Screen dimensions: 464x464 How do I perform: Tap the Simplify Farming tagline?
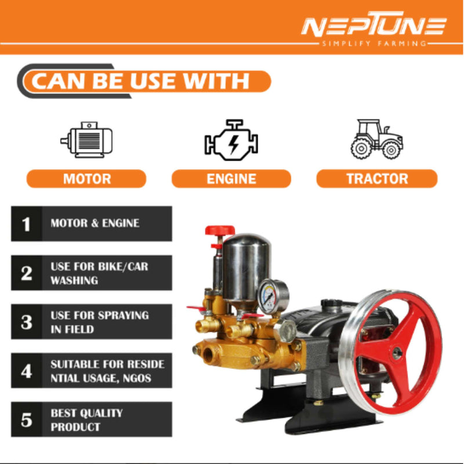[x=374, y=43]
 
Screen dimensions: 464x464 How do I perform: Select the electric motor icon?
[x=87, y=140]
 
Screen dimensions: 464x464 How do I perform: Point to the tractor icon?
[x=376, y=139]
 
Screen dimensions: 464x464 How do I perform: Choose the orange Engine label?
[x=231, y=179]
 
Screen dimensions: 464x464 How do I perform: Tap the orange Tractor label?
[x=376, y=179]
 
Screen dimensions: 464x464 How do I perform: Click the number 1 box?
[x=26, y=224]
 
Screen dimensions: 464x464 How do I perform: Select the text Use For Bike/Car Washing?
[x=99, y=273]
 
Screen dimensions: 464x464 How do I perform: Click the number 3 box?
[x=26, y=322]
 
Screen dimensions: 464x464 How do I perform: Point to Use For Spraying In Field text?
[x=99, y=322]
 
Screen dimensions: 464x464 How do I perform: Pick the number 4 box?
[x=26, y=371]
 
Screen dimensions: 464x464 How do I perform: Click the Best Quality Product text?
[x=86, y=420]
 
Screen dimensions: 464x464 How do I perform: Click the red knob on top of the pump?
[x=220, y=231]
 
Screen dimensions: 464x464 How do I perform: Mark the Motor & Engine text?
[x=95, y=223]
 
